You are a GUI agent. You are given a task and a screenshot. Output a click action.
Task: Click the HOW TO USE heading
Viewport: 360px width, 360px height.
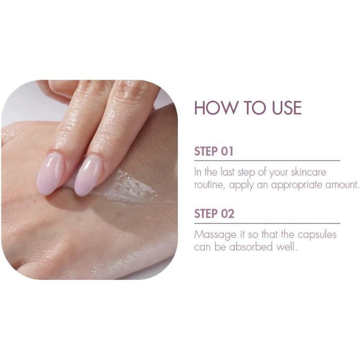tap(248, 108)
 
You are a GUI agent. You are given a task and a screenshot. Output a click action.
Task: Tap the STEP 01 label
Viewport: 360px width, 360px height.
tap(213, 152)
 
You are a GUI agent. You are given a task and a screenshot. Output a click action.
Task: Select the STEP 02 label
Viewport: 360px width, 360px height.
tap(213, 214)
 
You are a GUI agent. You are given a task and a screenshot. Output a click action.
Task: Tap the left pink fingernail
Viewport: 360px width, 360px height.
tap(50, 173)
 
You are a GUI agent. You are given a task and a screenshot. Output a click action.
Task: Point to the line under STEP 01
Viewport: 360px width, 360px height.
tap(267, 161)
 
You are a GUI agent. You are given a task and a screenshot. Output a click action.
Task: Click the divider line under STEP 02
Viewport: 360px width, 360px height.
tap(267, 223)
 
